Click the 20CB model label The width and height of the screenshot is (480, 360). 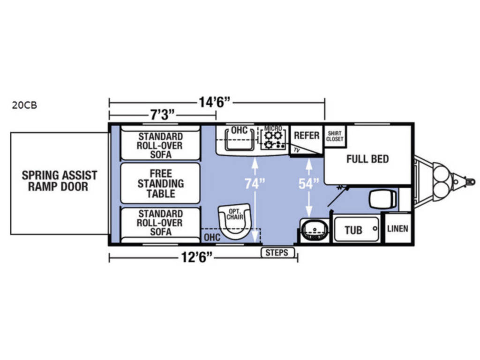pos(24,105)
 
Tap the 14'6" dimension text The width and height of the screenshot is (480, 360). pos(215,102)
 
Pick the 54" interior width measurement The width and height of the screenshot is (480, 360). pos(308,184)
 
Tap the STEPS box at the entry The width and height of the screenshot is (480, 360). pos(278,253)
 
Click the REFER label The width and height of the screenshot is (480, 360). pos(306,135)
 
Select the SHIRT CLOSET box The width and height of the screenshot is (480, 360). pos(335,136)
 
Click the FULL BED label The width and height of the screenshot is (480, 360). pos(367,159)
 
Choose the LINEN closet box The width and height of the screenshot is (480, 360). pos(397,229)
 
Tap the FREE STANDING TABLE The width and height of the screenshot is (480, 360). pos(160,183)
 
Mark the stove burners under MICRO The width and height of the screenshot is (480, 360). pos(273,139)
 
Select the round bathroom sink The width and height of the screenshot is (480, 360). pos(313,230)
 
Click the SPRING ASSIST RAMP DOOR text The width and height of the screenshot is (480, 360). pos(60,181)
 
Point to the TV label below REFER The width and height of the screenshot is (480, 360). pos(297,150)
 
